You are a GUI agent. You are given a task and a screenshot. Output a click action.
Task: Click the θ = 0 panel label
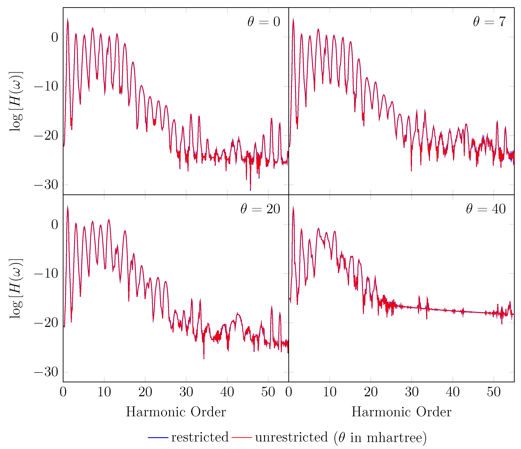[x=264, y=22]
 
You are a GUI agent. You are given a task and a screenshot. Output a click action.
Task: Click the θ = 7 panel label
[x=489, y=22]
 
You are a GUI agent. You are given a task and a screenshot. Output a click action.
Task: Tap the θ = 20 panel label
[x=260, y=209]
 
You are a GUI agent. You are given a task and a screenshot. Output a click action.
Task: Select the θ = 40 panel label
[x=485, y=209]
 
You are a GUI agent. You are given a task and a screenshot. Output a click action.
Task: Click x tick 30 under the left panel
[x=186, y=392]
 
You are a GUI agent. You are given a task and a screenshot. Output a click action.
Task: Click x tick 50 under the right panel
[x=494, y=392]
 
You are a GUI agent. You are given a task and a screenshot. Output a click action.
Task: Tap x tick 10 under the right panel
[x=330, y=392]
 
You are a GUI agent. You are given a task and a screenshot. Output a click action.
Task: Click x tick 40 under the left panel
[x=227, y=392]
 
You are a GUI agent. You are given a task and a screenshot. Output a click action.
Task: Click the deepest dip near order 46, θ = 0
[x=250, y=190]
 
